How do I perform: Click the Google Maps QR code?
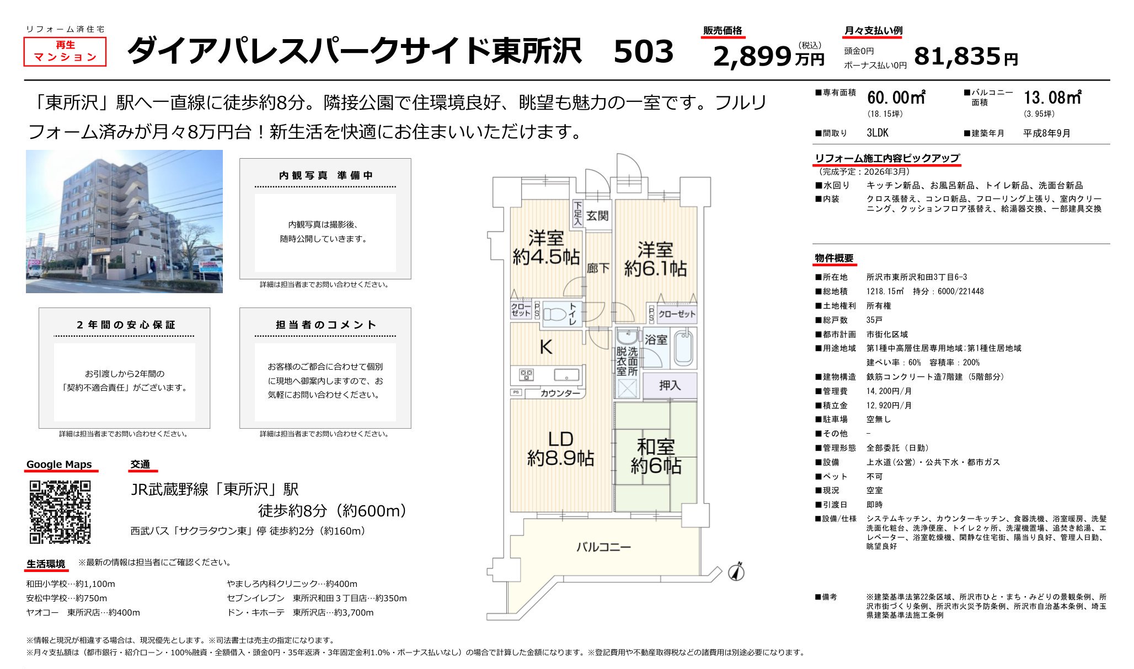click(60, 512)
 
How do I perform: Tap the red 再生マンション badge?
click(65, 51)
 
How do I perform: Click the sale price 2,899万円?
click(768, 56)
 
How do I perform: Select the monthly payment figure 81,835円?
click(965, 56)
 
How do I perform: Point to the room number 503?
click(643, 52)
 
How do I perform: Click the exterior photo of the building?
click(124, 221)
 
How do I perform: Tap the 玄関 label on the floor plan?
click(597, 215)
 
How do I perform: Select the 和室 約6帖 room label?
click(656, 456)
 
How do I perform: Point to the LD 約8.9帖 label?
click(560, 449)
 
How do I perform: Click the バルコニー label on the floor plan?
click(603, 547)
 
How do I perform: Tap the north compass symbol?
click(736, 572)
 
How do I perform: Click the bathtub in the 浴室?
click(683, 348)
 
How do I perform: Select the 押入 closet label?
click(670, 385)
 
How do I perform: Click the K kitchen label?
click(545, 347)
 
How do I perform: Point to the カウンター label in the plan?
click(560, 393)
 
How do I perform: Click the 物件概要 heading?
click(834, 258)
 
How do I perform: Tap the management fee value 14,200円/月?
click(889, 391)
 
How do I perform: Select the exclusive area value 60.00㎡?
click(896, 98)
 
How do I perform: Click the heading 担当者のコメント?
click(325, 325)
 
